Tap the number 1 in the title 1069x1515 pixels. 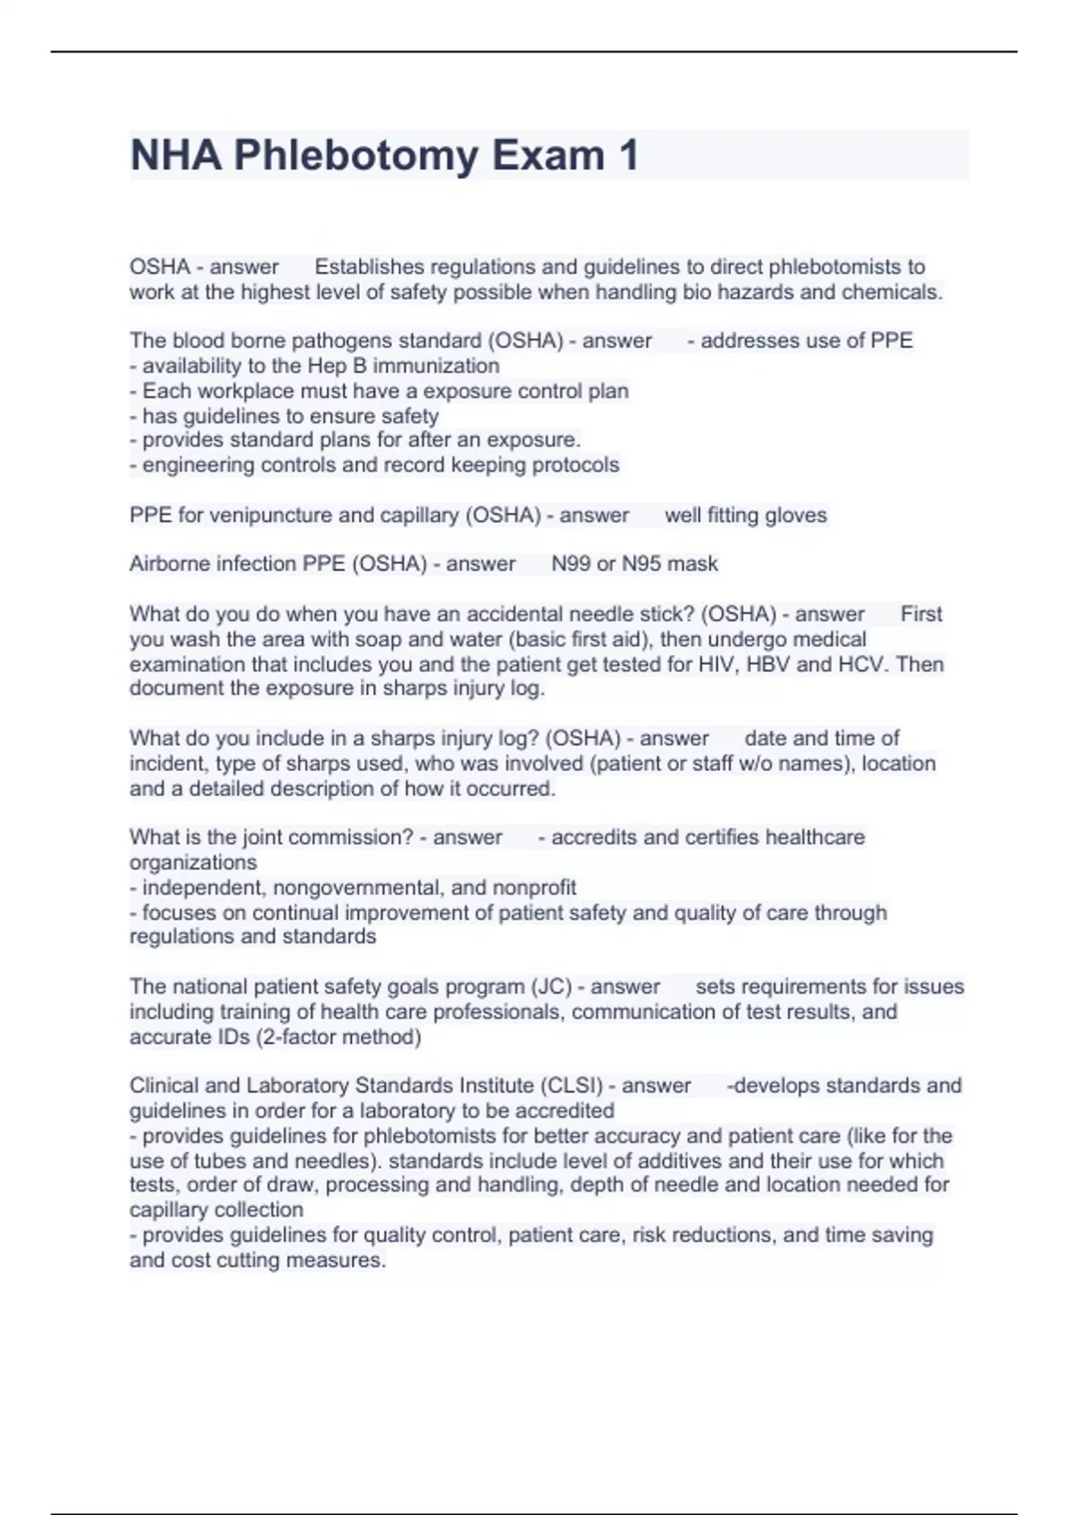click(x=628, y=156)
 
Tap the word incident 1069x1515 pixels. click(x=166, y=764)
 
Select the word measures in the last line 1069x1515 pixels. click(x=343, y=1261)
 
